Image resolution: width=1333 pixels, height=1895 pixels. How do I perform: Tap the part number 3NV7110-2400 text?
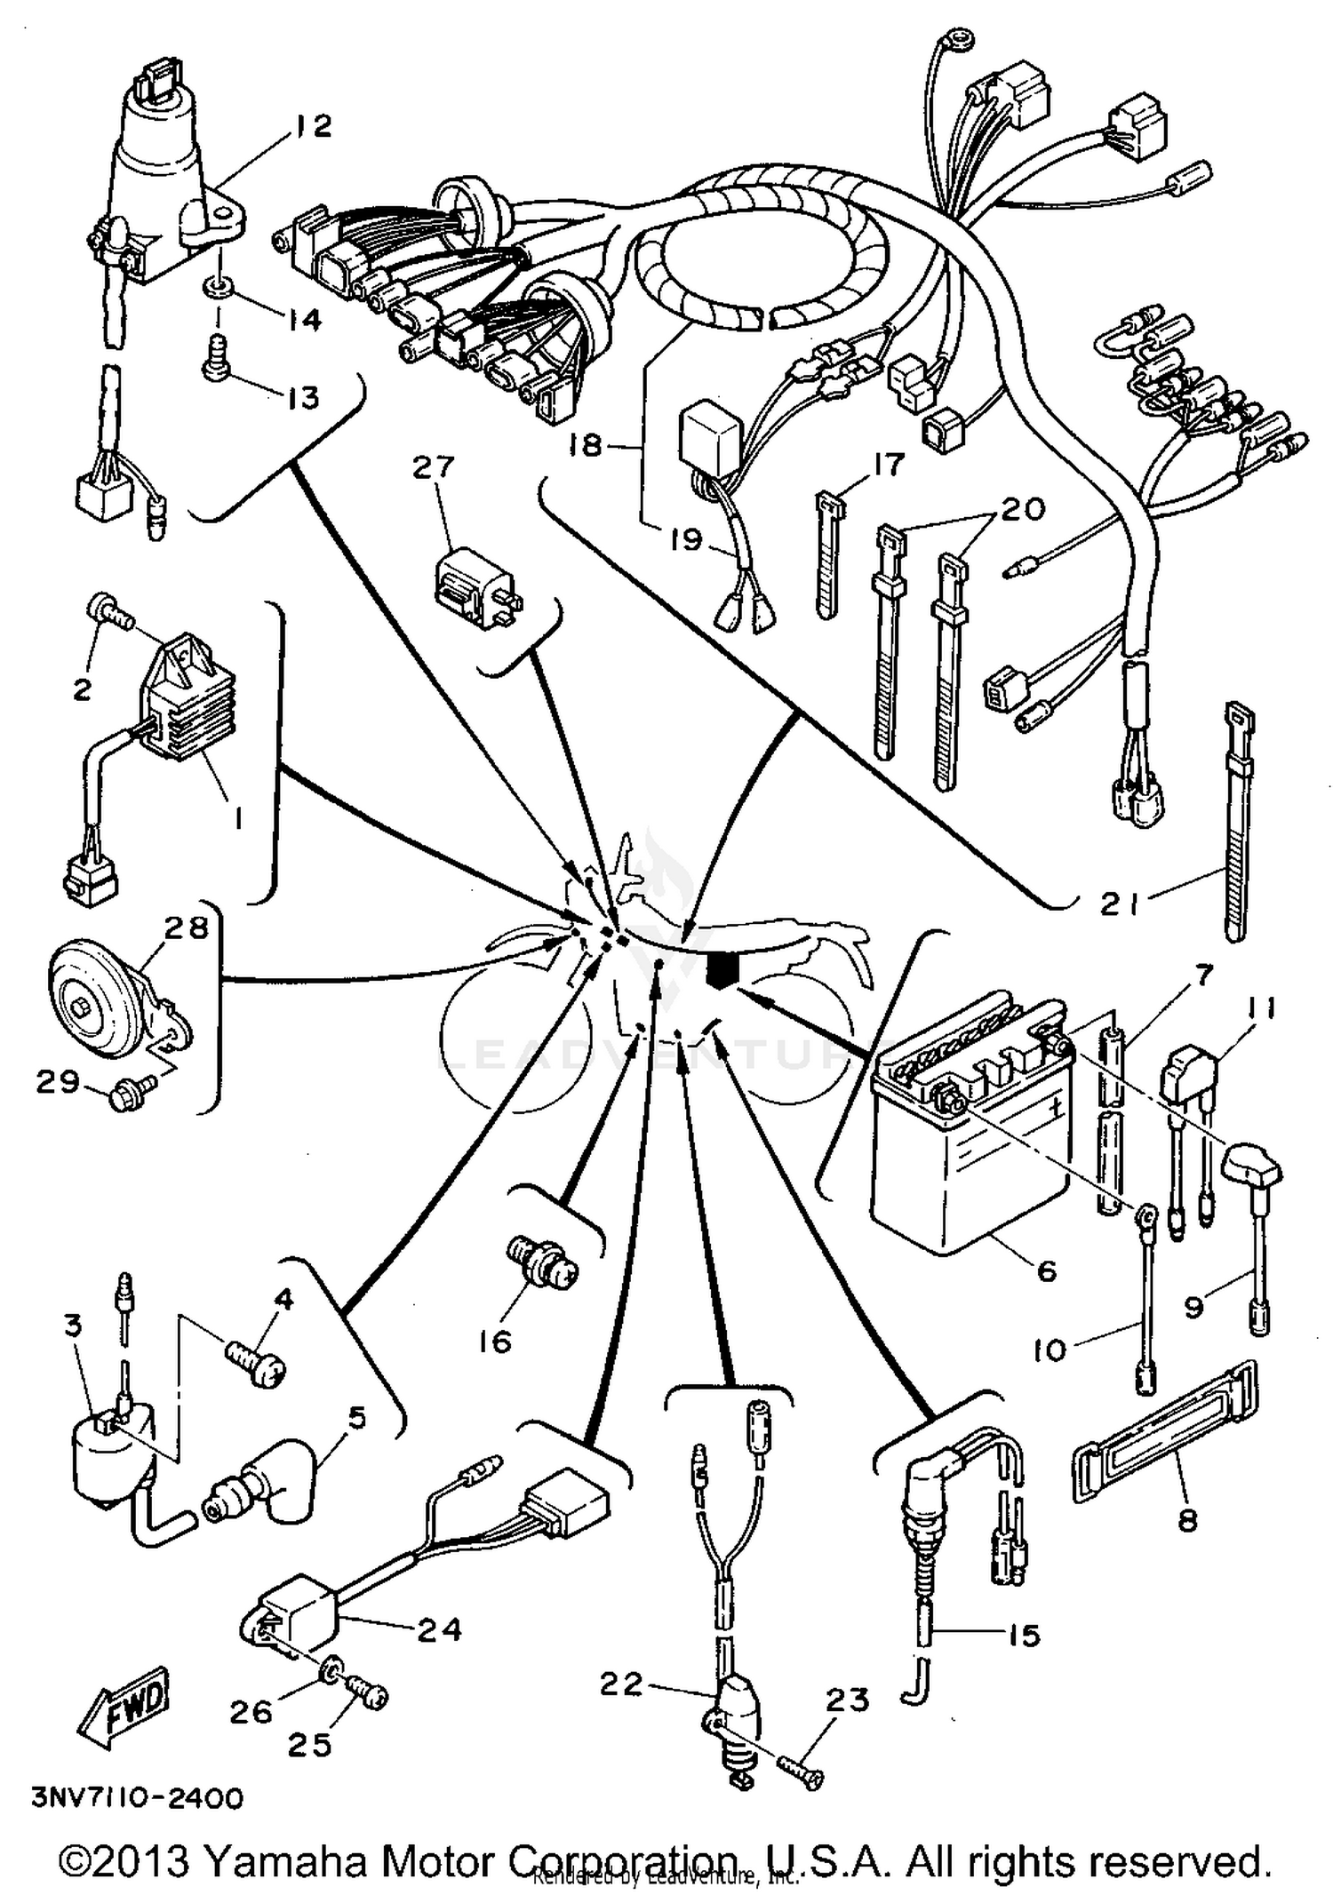click(138, 1798)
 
